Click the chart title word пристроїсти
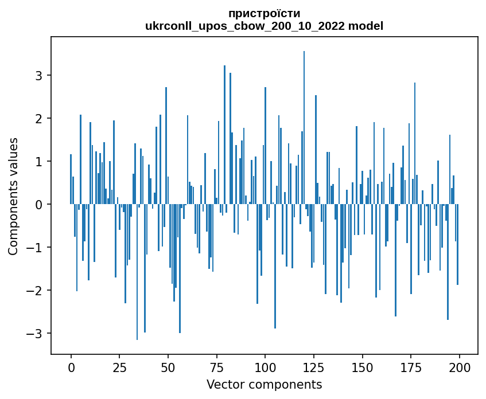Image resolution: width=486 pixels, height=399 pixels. coord(264,13)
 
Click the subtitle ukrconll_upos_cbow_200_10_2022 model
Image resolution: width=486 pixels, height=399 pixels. coord(264,26)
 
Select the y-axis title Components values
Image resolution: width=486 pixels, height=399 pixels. coord(13,196)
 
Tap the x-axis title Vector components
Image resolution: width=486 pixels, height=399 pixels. coord(264,384)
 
